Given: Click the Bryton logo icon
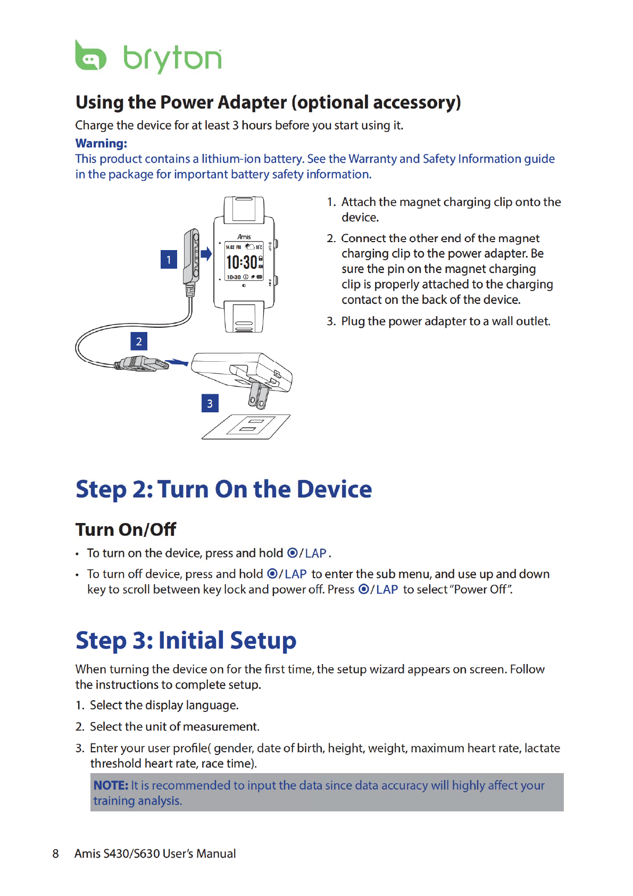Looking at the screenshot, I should pyautogui.click(x=90, y=56).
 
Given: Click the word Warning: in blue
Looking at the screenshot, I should pyautogui.click(x=101, y=143).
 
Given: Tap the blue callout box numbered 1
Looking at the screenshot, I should pyautogui.click(x=169, y=260).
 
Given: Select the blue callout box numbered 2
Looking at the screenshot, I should pyautogui.click(x=139, y=341).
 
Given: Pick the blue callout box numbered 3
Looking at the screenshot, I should pyautogui.click(x=210, y=403).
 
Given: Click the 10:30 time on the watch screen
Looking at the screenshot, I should pyautogui.click(x=242, y=262).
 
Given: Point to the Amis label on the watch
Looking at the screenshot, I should pyautogui.click(x=244, y=237).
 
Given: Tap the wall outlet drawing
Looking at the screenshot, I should pyautogui.click(x=246, y=427).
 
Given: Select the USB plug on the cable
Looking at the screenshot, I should pyautogui.click(x=141, y=364).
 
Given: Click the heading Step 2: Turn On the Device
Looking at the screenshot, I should pyautogui.click(x=223, y=489).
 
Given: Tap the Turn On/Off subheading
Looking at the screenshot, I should pyautogui.click(x=126, y=529).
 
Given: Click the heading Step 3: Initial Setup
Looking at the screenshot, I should pyautogui.click(x=186, y=640).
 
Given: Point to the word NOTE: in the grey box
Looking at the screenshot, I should pyautogui.click(x=111, y=785).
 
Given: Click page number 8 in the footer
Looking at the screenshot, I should pyautogui.click(x=55, y=853).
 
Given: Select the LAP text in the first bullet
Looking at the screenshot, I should pyautogui.click(x=315, y=553).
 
